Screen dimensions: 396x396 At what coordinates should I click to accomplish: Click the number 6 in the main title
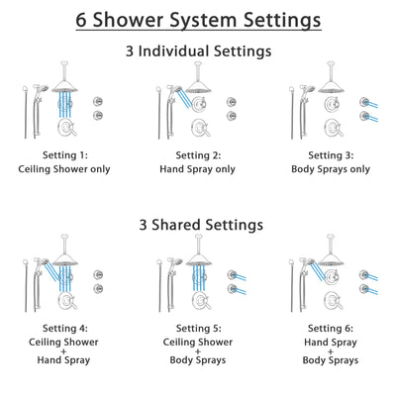coord(80,19)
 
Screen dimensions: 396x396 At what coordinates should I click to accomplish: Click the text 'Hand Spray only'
coord(198,168)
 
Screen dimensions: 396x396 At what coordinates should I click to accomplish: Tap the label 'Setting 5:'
coord(198,327)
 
